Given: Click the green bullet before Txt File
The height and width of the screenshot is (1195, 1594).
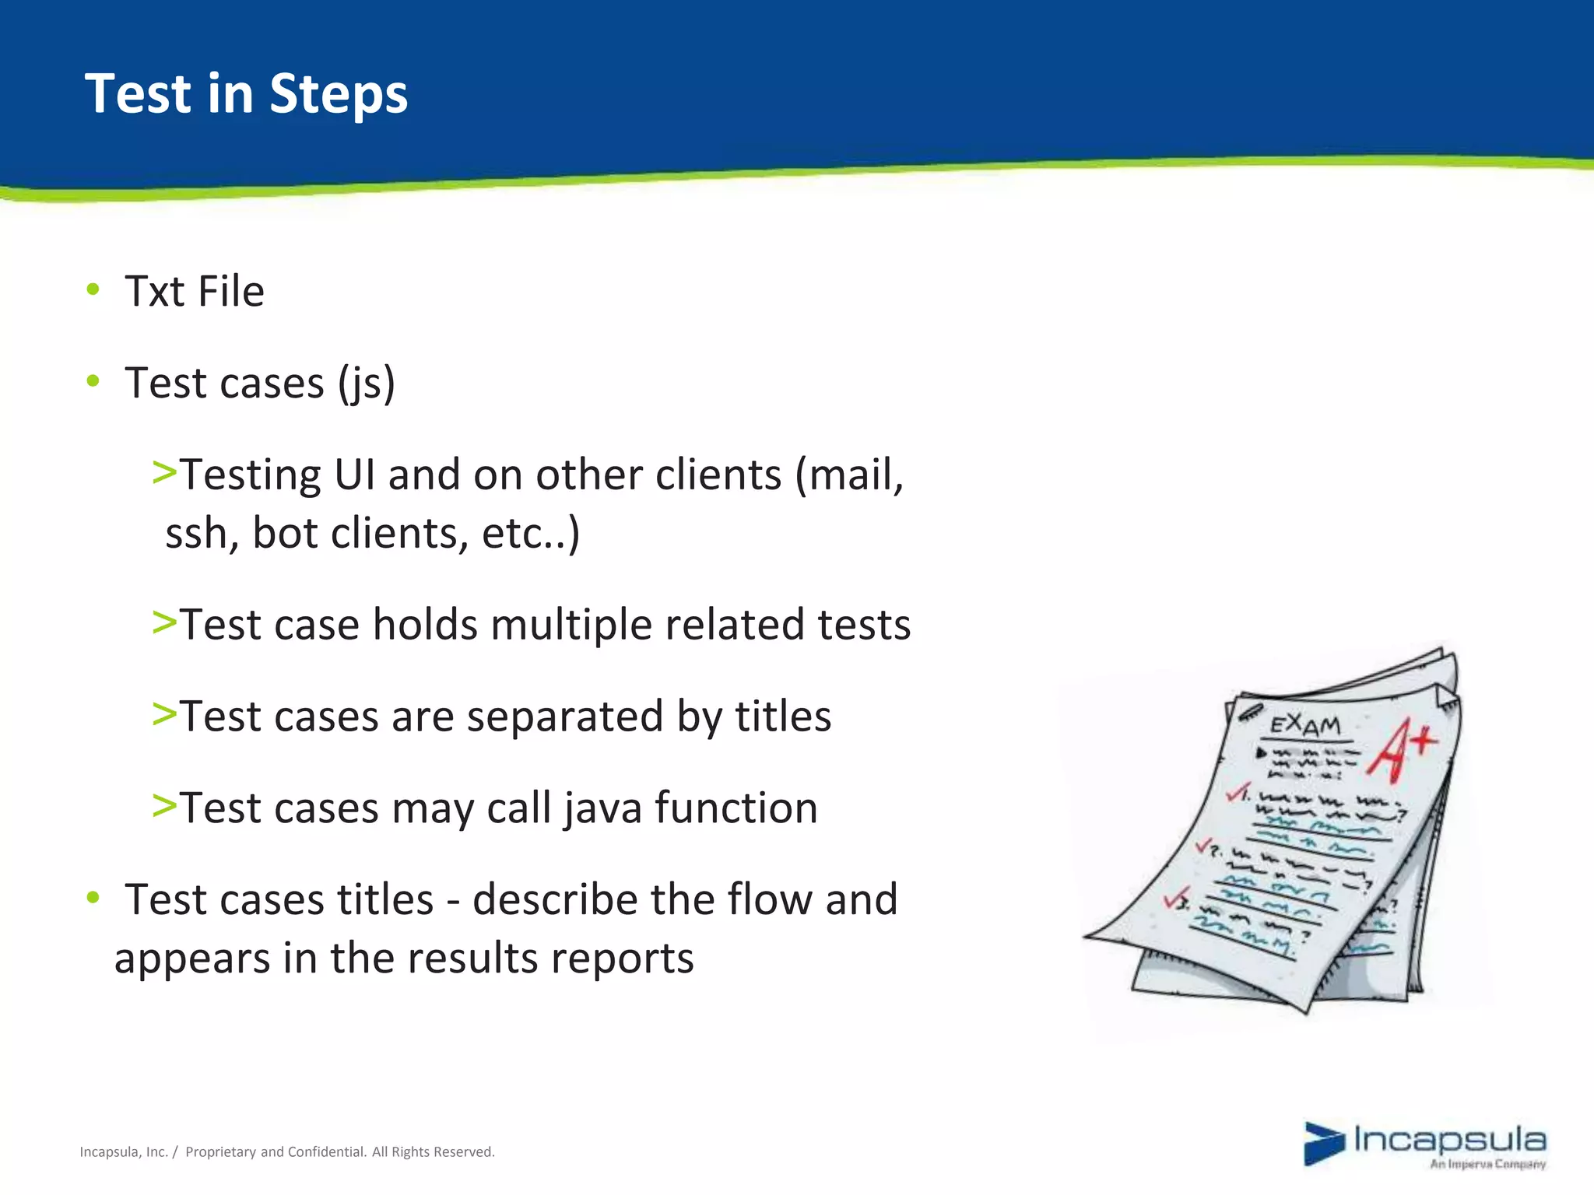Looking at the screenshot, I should click(x=93, y=290).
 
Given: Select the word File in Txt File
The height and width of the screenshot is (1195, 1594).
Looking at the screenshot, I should click(x=231, y=292).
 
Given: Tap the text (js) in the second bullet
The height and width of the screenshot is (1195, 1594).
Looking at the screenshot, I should click(x=366, y=384).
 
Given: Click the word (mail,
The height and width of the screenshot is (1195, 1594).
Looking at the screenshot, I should click(x=848, y=476).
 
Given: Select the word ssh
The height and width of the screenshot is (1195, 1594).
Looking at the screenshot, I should click(x=201, y=534).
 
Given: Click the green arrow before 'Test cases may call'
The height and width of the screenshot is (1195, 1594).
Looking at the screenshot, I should click(x=164, y=805).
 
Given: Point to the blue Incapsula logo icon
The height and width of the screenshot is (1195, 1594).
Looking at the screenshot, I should click(x=1324, y=1144).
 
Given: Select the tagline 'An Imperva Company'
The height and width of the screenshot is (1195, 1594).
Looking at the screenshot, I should click(x=1487, y=1165).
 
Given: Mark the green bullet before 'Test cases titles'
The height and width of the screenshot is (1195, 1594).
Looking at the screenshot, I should click(x=93, y=898).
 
